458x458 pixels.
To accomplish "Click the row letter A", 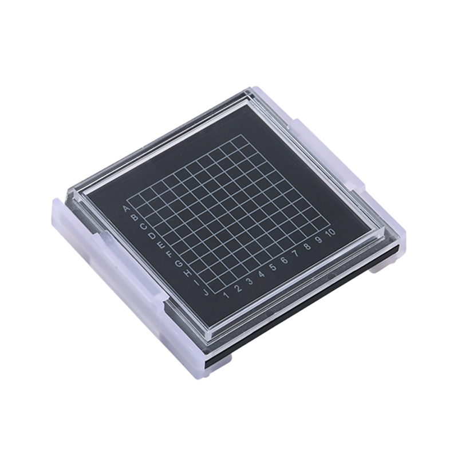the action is point(127,209).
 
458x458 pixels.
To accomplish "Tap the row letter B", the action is point(135,218).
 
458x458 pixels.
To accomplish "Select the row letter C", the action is point(144,226).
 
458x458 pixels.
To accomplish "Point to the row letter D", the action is point(152,235).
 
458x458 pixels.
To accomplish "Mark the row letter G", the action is point(179,264).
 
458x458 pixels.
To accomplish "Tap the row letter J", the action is point(206,292).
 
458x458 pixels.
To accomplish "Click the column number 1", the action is point(226,295).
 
